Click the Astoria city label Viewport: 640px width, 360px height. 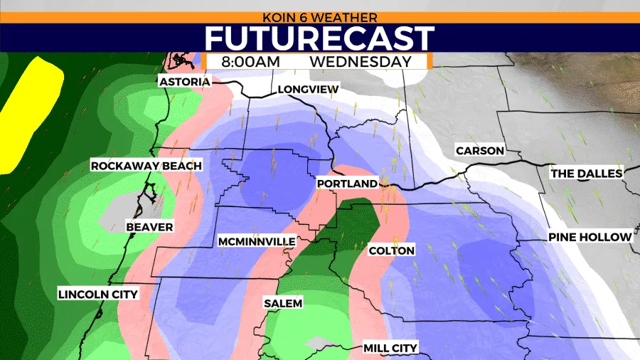pos(185,82)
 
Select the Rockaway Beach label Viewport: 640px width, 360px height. pos(146,166)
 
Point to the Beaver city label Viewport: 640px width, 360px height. pos(149,227)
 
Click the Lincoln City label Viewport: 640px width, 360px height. pos(98,294)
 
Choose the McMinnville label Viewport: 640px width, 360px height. pos(257,242)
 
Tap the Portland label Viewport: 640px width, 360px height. pos(346,184)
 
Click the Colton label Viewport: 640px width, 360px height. pos(391,250)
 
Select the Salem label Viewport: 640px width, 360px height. pos(283,303)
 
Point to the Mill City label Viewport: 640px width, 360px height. pos(390,348)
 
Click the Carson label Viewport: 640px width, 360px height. pos(480,151)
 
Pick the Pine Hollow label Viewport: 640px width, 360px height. pos(590,237)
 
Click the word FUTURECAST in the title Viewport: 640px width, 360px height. pos(320,38)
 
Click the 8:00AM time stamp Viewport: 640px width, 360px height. pos(250,61)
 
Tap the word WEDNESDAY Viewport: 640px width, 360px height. pos(361,61)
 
